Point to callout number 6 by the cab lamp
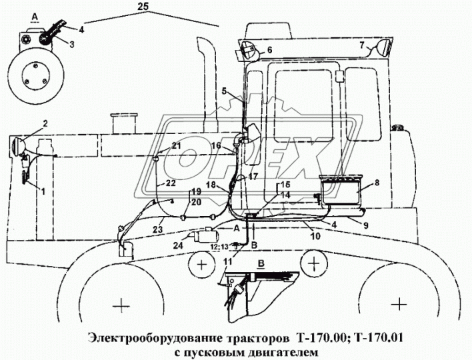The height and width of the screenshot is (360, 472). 269,49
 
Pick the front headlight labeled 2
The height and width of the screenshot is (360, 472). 19,143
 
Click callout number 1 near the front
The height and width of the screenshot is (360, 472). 44,192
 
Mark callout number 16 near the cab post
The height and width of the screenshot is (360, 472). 217,145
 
